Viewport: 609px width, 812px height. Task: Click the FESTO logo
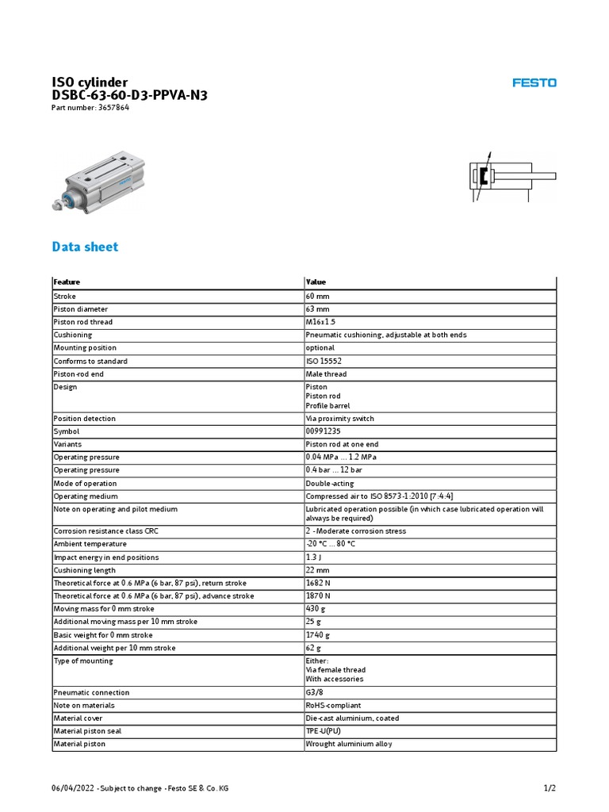(x=534, y=82)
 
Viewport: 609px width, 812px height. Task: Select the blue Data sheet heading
(x=85, y=247)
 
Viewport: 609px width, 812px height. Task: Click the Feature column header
(x=67, y=282)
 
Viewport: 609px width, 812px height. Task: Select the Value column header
(x=316, y=282)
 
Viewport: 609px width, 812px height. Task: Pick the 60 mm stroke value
(x=317, y=296)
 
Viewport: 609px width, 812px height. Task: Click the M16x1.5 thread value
(x=320, y=322)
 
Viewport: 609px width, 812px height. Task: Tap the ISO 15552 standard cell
(x=324, y=361)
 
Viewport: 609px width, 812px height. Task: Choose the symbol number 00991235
(x=323, y=431)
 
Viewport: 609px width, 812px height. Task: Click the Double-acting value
(x=330, y=483)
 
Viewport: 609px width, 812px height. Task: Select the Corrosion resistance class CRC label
(x=100, y=531)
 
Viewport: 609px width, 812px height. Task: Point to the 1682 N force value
(x=319, y=583)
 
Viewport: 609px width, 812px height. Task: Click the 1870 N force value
(x=319, y=596)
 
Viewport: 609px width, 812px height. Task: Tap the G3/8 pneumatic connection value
(x=316, y=692)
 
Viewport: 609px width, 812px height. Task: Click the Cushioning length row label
(x=84, y=570)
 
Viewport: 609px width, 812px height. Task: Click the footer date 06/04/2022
(x=72, y=788)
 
